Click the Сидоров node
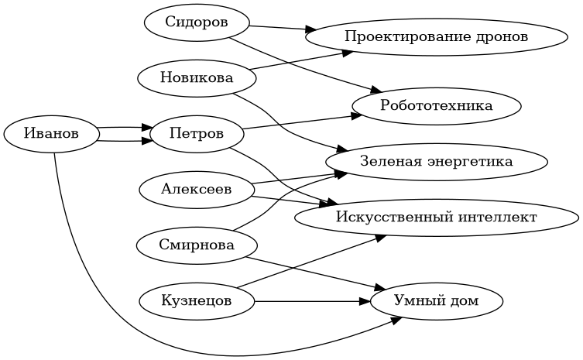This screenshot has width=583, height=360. (197, 22)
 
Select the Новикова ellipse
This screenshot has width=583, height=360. (197, 77)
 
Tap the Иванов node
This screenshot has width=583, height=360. (52, 134)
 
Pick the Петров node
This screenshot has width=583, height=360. (197, 134)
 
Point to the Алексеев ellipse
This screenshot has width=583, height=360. (197, 189)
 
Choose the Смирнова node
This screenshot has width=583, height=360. (197, 245)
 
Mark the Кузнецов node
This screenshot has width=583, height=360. (197, 300)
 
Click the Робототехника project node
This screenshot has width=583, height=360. (437, 105)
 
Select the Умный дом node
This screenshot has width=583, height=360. (437, 300)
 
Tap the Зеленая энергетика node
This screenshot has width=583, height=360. (437, 161)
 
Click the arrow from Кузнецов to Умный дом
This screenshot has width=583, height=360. (310, 300)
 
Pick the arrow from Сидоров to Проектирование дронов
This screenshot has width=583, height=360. (279, 29)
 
